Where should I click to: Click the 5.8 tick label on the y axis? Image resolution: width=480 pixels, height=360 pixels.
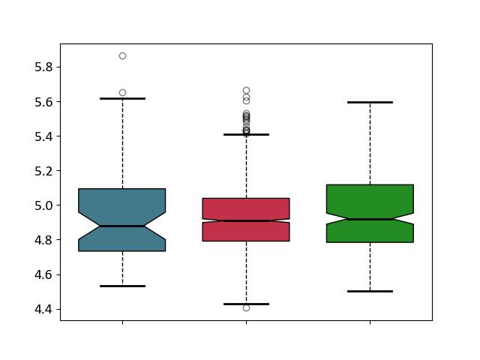(x=43, y=67)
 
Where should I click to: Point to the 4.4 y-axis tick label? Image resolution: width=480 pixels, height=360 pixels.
(x=43, y=310)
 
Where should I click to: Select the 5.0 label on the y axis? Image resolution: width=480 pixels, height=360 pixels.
(x=43, y=205)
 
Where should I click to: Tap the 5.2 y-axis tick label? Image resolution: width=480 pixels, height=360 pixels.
(x=43, y=171)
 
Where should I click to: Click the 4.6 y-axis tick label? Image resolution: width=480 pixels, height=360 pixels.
(x=43, y=275)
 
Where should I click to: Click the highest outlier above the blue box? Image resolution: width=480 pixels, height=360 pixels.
(x=123, y=56)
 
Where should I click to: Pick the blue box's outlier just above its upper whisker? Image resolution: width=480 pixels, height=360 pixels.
(x=123, y=93)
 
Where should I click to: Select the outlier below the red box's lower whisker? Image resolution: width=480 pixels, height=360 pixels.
(x=247, y=308)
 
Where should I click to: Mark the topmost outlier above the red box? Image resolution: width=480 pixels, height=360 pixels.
(x=247, y=91)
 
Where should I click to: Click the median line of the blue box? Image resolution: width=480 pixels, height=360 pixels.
(x=122, y=226)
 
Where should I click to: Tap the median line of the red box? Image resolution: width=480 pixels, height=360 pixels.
(x=247, y=220)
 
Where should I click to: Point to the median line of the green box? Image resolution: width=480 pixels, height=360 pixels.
(x=370, y=219)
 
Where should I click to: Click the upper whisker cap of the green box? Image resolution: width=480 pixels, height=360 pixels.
(x=370, y=102)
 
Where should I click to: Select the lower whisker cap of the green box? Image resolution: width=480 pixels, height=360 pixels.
(x=370, y=292)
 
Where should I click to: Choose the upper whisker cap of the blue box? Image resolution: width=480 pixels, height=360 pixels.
(x=123, y=98)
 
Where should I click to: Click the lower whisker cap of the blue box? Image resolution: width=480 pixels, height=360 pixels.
(x=123, y=286)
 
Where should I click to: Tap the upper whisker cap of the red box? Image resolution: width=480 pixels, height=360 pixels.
(x=247, y=134)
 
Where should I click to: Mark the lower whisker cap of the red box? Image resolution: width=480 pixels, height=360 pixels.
(x=247, y=304)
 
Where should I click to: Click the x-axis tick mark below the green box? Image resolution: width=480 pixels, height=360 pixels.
(x=370, y=322)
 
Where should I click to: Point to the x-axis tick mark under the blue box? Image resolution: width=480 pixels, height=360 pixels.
(x=123, y=322)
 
